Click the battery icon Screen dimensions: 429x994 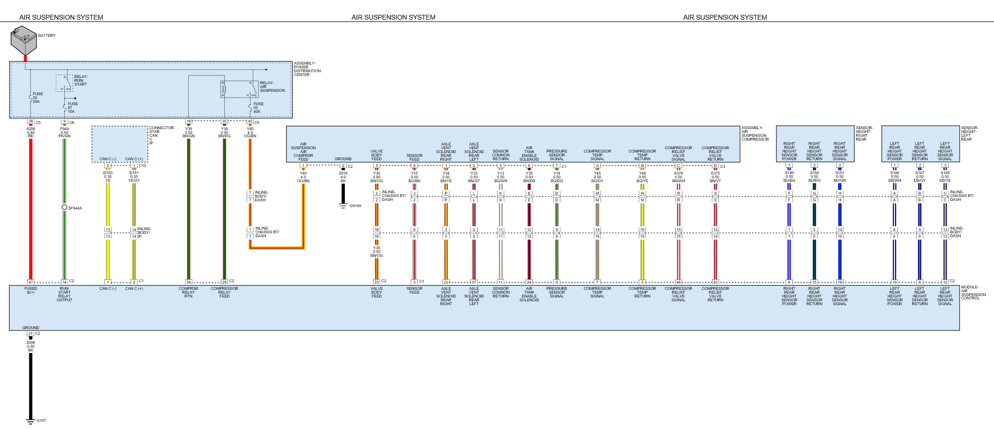(23, 41)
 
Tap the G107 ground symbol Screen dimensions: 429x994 (31, 421)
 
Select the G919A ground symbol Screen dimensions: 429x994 (343, 206)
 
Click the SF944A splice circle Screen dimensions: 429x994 (65, 208)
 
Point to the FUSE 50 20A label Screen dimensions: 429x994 (37, 98)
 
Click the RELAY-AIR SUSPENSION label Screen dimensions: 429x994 (272, 87)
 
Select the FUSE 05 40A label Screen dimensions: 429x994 (258, 108)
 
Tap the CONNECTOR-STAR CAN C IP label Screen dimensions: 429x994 (162, 135)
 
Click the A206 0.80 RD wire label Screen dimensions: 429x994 (31, 132)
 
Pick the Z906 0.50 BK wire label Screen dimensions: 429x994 (31, 346)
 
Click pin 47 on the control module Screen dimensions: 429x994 (31, 282)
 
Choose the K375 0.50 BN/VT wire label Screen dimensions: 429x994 (715, 177)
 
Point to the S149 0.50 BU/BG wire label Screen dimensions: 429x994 (789, 176)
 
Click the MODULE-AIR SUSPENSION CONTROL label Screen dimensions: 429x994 (973, 293)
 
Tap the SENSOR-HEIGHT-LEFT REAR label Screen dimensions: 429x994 (969, 133)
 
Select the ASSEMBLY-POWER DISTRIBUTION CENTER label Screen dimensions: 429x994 (307, 69)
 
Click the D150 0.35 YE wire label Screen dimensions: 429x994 (108, 177)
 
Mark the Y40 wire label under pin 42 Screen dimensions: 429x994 (250, 132)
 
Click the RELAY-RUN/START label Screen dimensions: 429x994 (81, 80)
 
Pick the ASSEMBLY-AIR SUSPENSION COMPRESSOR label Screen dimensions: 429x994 (754, 133)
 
